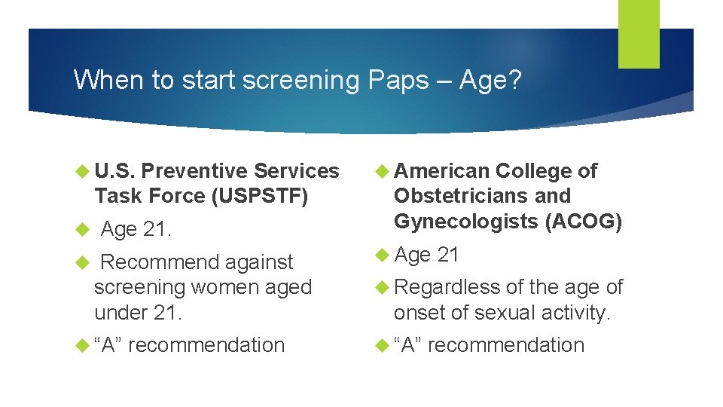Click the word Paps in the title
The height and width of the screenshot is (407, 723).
tap(398, 80)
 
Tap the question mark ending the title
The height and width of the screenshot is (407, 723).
tap(513, 80)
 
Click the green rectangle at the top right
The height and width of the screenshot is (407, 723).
tap(638, 33)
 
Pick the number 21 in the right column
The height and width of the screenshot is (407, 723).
tap(448, 256)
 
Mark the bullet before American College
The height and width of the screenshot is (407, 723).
tap(382, 172)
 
